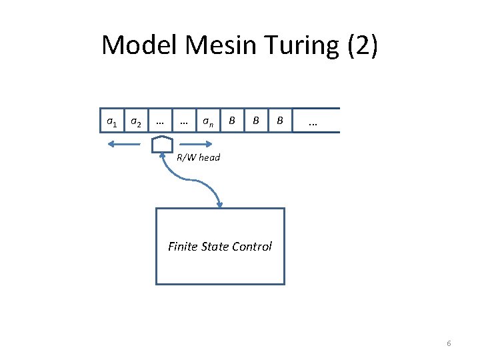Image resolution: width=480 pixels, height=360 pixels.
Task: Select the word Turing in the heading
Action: (298, 45)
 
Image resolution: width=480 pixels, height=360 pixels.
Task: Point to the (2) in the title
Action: (361, 45)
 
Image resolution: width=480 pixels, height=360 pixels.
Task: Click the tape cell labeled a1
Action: (112, 121)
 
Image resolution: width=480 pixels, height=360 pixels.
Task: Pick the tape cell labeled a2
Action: (135, 121)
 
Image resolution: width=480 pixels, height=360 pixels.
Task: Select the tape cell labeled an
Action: (208, 121)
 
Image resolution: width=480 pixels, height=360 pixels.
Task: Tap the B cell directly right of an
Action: (231, 121)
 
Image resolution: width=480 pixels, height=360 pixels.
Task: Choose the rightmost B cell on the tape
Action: (280, 121)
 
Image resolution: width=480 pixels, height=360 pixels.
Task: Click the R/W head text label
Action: (198, 157)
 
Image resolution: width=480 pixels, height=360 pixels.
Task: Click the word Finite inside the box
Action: (183, 247)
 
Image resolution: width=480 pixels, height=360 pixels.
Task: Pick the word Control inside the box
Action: (251, 247)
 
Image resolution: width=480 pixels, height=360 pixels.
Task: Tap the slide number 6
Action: (449, 343)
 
